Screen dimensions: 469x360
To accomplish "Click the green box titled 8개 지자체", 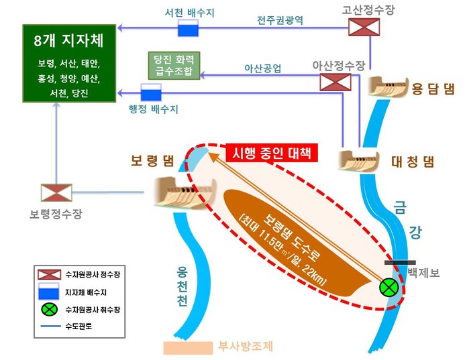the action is pos(69,63).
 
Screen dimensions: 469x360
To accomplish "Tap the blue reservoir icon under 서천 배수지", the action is pos(188,27).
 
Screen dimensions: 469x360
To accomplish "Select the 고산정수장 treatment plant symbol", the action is pos(364,27).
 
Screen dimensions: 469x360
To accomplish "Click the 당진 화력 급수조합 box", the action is pos(174,66).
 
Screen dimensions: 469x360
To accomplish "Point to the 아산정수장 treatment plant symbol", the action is pos(335,82).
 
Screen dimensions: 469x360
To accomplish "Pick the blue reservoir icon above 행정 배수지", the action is pos(151,93).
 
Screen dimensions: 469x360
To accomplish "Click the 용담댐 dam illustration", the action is pos(388,86).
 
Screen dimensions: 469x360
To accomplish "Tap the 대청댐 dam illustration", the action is pos(359,160).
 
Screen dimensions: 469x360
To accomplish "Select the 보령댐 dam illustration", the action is pos(185,192).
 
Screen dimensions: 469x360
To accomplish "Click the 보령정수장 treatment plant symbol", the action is pos(56,192).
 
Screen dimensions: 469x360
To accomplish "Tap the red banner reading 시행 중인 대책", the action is pos(272,153).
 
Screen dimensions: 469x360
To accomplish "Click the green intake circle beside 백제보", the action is pos(389,288).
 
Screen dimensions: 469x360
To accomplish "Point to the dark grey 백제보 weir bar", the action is pos(400,263).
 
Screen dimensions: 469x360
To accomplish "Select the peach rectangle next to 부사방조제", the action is pos(188,348).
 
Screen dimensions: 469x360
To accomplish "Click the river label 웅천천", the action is pos(182,286).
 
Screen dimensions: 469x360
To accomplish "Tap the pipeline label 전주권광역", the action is pos(280,20).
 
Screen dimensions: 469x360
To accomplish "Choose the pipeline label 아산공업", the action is pos(263,68).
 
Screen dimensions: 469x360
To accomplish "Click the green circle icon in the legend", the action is pos(49,310).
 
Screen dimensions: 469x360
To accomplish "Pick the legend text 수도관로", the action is pos(79,326).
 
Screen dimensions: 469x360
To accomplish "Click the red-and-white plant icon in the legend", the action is pos(49,275).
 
